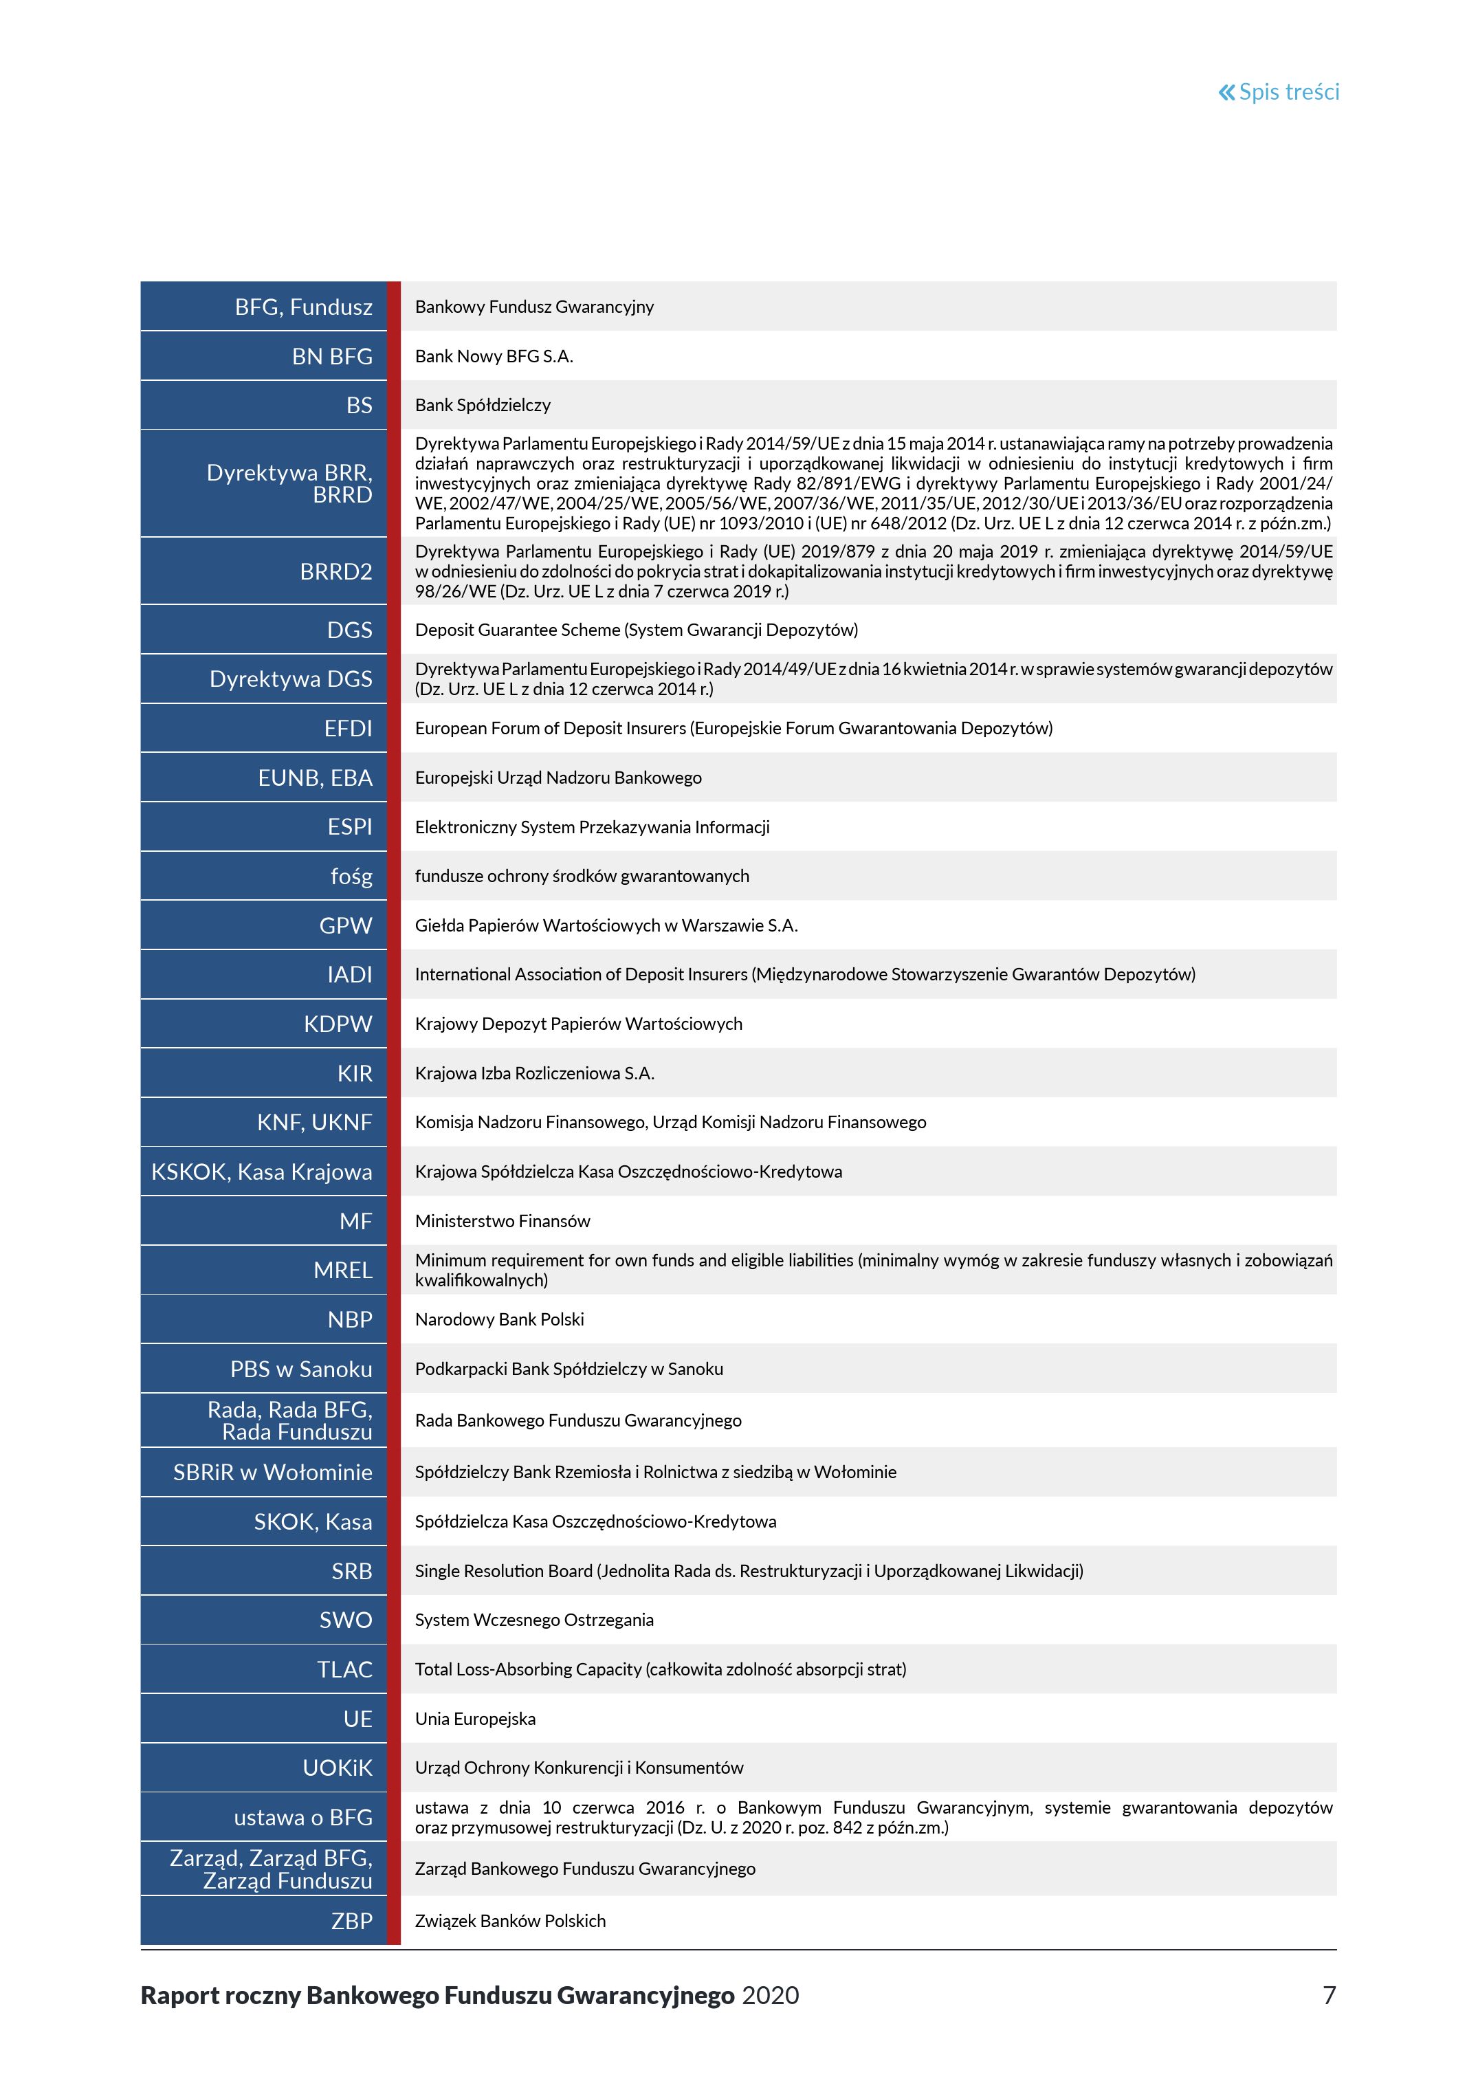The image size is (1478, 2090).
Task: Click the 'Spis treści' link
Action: coord(1279,92)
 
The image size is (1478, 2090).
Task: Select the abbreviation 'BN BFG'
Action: coord(332,357)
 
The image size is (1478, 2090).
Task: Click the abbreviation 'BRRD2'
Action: coord(336,571)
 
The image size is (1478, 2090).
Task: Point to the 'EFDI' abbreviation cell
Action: coord(348,728)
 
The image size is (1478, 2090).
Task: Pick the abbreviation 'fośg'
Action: coord(351,877)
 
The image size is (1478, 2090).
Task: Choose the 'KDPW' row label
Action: coord(338,1024)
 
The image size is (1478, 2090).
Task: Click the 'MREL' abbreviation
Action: coord(343,1270)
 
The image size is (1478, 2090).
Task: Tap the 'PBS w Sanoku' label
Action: coord(301,1369)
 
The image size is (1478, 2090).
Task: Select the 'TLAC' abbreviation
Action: coord(345,1669)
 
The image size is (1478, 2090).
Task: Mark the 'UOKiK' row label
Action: coord(338,1768)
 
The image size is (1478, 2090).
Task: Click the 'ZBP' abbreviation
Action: coord(351,1921)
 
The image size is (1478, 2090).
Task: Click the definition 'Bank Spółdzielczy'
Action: coord(483,405)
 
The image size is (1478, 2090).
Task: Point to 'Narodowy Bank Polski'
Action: coord(500,1320)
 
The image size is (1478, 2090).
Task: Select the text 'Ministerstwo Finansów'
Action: coord(503,1222)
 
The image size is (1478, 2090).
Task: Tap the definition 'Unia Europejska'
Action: coord(475,1719)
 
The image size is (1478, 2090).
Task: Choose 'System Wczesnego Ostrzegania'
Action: coord(534,1620)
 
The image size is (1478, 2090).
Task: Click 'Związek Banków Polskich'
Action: coord(509,1921)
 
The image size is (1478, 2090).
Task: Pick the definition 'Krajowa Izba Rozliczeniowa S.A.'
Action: coord(534,1073)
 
